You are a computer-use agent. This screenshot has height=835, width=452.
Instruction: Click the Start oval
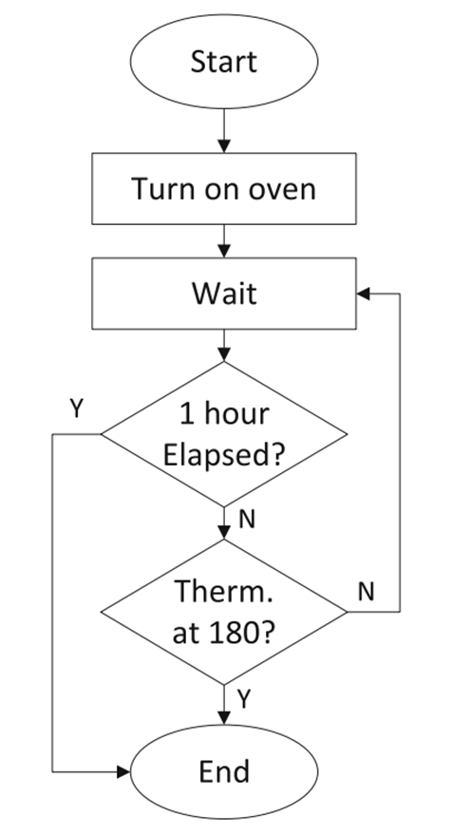(x=224, y=63)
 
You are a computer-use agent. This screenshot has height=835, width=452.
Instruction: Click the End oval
(x=224, y=771)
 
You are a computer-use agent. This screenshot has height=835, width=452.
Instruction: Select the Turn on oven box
(x=224, y=188)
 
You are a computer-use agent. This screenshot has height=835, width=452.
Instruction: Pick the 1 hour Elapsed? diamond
(x=224, y=433)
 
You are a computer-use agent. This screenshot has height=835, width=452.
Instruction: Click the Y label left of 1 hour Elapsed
(x=76, y=408)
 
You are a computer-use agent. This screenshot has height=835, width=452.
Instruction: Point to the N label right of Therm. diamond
(x=366, y=591)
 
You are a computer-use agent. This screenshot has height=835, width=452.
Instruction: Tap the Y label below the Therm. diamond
(x=244, y=700)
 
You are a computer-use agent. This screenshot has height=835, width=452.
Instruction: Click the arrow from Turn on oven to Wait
(x=224, y=239)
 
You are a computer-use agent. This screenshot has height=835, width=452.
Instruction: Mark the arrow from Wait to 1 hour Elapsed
(x=224, y=345)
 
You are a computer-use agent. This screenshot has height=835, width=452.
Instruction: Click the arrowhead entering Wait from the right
(x=363, y=294)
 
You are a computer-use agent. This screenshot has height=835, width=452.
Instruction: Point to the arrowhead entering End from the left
(x=122, y=771)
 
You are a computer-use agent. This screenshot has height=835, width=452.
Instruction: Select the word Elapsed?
(x=224, y=454)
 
